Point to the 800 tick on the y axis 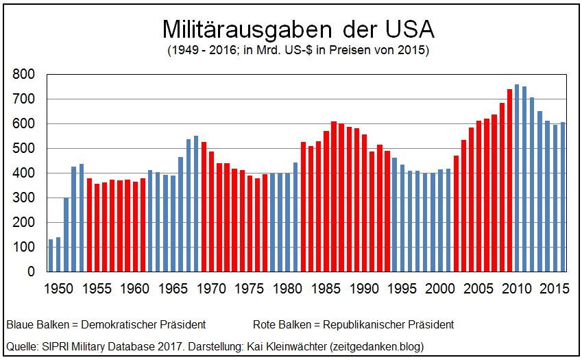tap(24, 74)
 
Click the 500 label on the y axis tap(24, 148)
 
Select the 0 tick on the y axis tap(32, 272)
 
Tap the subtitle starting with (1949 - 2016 tap(297, 51)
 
